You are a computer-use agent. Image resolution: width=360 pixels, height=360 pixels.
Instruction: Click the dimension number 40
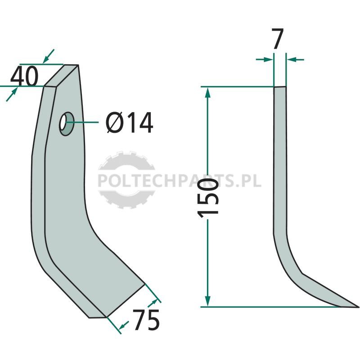[24, 76]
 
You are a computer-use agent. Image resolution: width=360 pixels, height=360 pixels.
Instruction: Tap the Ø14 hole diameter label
[129, 122]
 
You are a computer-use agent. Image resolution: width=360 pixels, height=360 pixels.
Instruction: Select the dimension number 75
[146, 320]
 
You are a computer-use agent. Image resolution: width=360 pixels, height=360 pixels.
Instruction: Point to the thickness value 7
[278, 39]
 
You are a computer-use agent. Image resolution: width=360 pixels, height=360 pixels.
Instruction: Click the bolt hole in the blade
[66, 123]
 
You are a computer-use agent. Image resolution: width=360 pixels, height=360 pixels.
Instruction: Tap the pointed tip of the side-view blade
[358, 306]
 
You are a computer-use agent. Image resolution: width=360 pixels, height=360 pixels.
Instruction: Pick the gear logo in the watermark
[126, 180]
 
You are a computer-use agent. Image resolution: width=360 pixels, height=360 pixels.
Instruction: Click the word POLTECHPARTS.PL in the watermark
[180, 180]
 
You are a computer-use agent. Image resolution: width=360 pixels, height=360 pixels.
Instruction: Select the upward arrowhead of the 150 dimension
[207, 92]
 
